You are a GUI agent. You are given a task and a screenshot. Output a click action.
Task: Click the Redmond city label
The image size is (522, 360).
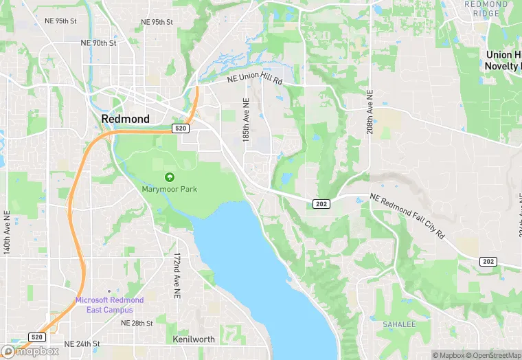tap(125, 119)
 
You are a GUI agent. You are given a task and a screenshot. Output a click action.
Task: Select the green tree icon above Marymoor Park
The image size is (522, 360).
tap(169, 177)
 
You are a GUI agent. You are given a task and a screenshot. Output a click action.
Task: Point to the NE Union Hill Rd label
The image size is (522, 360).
tap(255, 79)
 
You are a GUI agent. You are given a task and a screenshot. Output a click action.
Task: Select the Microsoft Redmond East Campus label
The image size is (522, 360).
tap(109, 305)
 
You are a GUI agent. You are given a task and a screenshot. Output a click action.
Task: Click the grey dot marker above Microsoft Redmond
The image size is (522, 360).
tap(109, 291)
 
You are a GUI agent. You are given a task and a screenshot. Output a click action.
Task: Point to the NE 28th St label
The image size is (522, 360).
tap(137, 323)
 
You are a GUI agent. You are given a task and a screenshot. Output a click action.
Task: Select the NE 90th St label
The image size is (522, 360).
tap(98, 43)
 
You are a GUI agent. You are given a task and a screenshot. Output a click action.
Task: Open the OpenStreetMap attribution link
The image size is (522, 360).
tap(492, 355)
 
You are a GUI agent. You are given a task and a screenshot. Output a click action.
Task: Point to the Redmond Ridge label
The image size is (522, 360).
tap(486, 8)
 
